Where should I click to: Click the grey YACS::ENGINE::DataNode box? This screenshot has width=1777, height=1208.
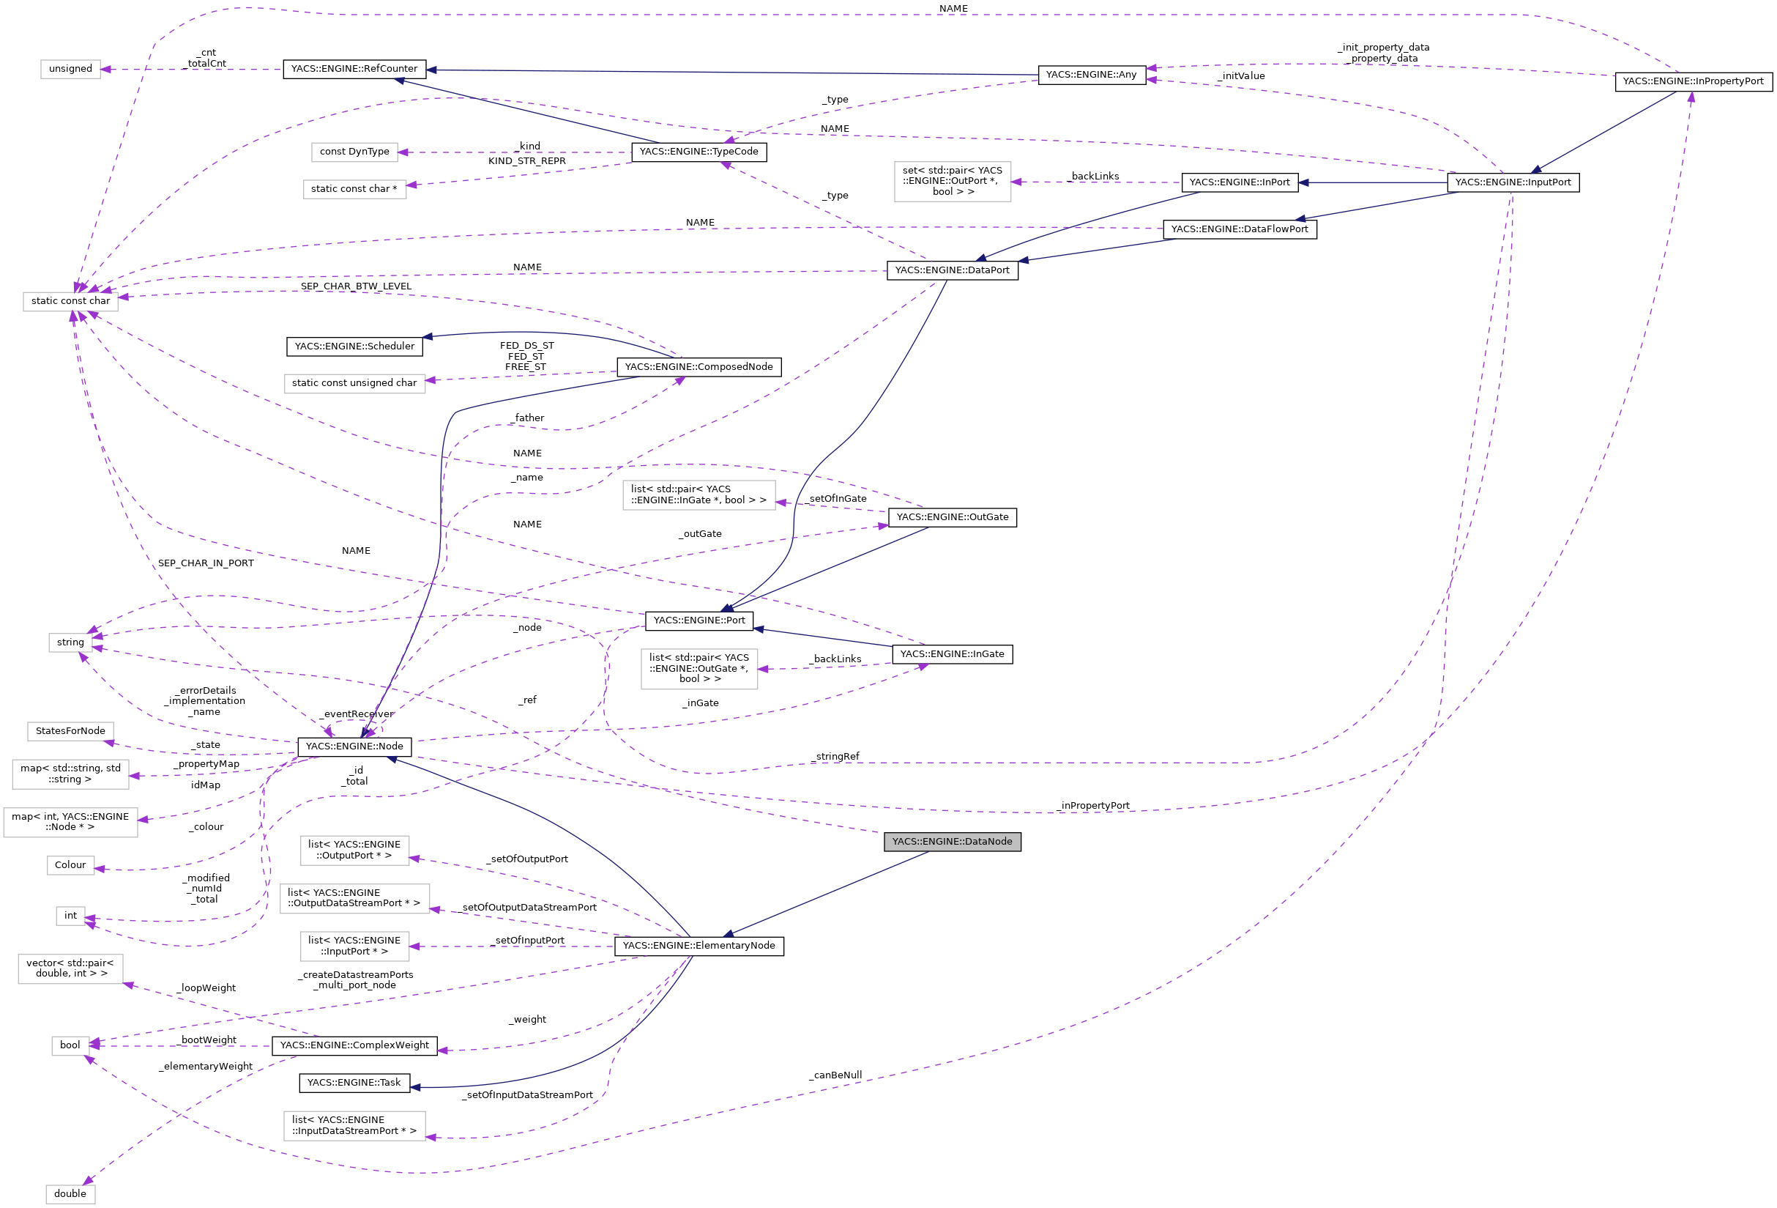click(952, 842)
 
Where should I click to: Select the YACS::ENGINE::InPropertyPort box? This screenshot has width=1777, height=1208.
click(1693, 81)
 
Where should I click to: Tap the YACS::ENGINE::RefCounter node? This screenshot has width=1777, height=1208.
click(354, 69)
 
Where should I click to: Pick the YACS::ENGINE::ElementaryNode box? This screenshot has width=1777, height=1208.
click(699, 946)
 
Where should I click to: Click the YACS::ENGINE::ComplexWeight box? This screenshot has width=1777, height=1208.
click(354, 1045)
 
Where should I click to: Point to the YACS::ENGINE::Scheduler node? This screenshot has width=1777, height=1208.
click(354, 347)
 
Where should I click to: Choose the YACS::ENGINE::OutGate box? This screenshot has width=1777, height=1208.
click(952, 517)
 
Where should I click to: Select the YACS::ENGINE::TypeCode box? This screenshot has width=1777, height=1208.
click(699, 152)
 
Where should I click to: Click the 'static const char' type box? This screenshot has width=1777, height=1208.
click(70, 300)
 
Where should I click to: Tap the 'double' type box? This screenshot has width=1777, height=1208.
click(70, 1193)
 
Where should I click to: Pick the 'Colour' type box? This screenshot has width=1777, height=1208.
click(70, 864)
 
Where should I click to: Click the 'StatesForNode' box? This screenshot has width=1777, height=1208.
click(70, 730)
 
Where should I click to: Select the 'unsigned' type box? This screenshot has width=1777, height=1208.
click(70, 69)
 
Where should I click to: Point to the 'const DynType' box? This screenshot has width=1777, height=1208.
click(354, 152)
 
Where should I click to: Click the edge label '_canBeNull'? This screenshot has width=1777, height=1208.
click(836, 1075)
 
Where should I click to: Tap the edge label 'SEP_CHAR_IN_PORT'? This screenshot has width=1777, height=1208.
click(206, 563)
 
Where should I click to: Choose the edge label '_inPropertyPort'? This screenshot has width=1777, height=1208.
click(1094, 806)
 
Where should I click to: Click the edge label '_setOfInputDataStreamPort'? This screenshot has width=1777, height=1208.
click(529, 1094)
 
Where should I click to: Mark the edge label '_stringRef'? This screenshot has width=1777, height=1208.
click(836, 757)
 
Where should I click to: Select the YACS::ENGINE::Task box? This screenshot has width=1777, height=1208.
click(354, 1083)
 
